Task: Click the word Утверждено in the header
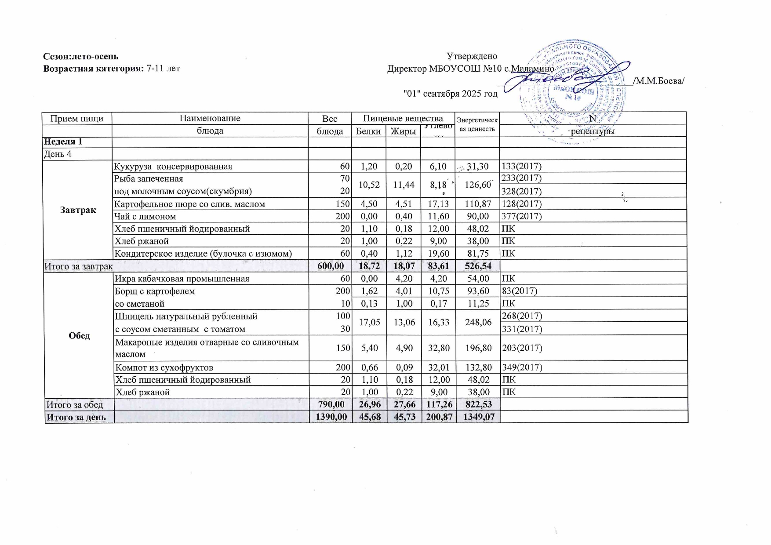(x=472, y=56)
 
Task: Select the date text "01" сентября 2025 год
(x=450, y=94)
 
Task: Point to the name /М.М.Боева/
(x=658, y=81)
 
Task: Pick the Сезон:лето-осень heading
(x=80, y=56)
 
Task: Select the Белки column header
(x=368, y=131)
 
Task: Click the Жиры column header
(x=403, y=131)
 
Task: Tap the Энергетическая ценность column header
(x=477, y=124)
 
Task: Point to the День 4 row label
(x=57, y=154)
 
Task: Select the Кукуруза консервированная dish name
(x=173, y=167)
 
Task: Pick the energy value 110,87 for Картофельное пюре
(x=477, y=204)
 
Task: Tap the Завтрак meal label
(x=78, y=210)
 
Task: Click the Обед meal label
(x=79, y=336)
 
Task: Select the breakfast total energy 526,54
(x=477, y=266)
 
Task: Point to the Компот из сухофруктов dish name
(x=164, y=367)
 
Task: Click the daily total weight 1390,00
(x=330, y=417)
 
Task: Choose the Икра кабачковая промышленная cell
(x=182, y=279)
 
